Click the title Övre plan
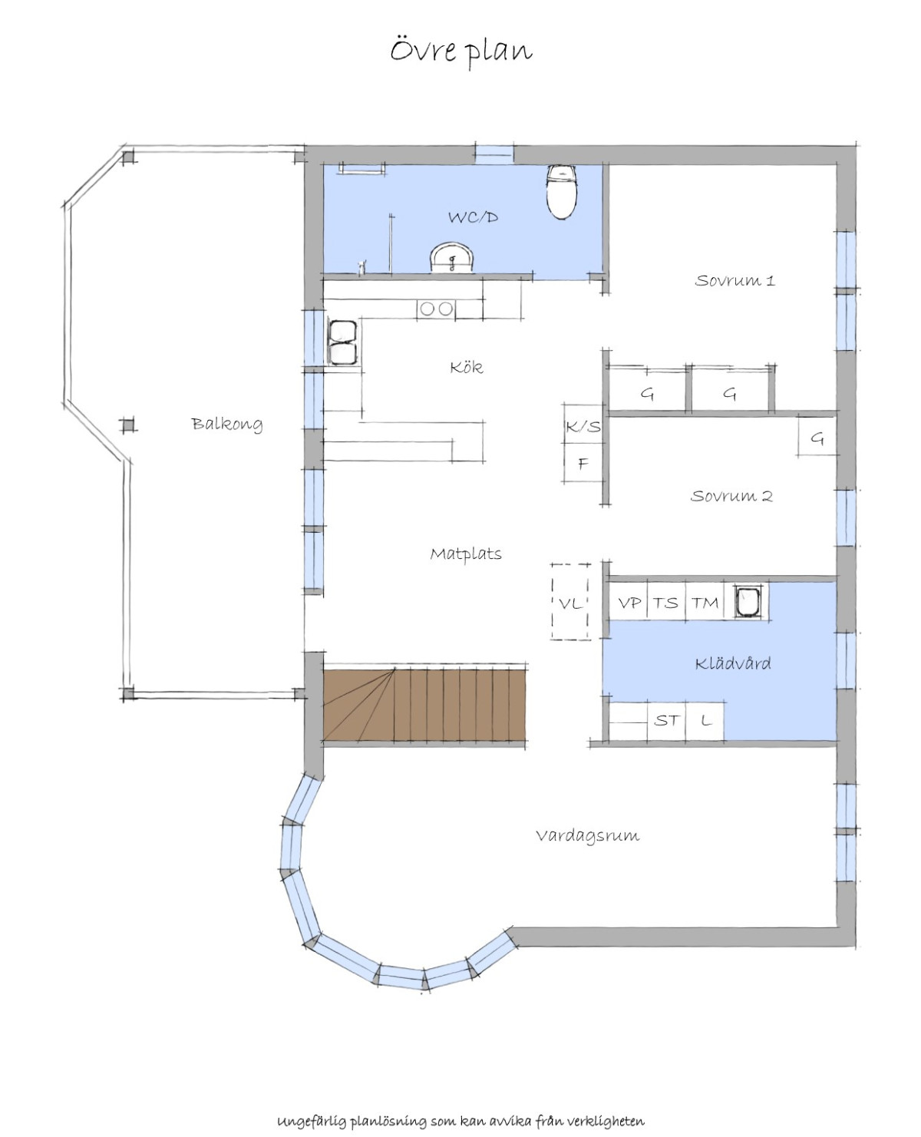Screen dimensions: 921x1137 461,51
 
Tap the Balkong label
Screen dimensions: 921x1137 226,424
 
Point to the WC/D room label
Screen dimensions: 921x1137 473,217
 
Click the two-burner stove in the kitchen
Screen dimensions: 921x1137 436,309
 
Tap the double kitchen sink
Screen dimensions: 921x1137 342,342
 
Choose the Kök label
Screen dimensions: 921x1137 466,367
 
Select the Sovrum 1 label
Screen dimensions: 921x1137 734,281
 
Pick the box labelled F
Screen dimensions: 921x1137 583,463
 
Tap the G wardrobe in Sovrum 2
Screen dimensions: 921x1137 817,437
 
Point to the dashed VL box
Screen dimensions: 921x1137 570,602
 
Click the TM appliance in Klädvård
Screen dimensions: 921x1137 705,603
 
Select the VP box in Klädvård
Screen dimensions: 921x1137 629,603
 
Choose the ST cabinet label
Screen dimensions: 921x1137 666,721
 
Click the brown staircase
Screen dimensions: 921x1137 424,705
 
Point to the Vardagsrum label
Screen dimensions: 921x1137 587,835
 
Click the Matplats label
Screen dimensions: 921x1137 465,554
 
